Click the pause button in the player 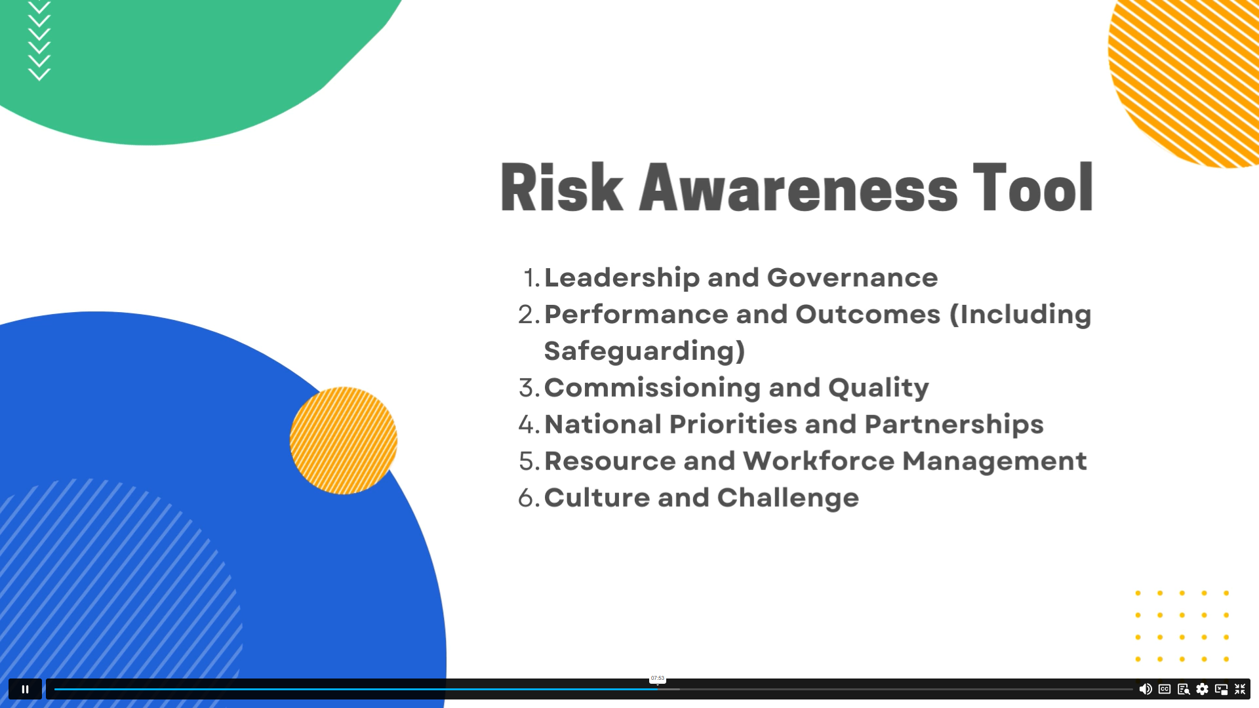[25, 689]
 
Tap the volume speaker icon [1146, 689]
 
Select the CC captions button [1165, 689]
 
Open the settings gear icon [1202, 689]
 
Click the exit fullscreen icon [1240, 689]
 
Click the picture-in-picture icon [1221, 689]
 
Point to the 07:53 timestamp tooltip [658, 678]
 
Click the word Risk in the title [561, 187]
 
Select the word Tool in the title [1033, 187]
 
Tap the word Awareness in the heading [798, 187]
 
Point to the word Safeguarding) [645, 351]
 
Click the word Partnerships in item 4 [954, 425]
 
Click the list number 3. [529, 388]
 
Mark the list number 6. [529, 498]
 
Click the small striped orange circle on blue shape [344, 441]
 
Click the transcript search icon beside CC [1184, 689]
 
